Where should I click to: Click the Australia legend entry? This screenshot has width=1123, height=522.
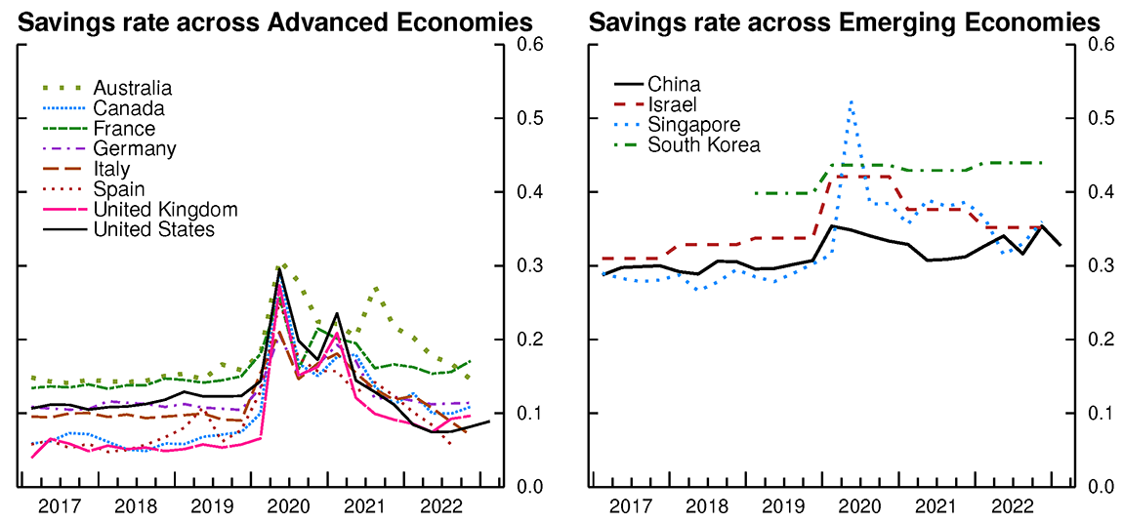(132, 89)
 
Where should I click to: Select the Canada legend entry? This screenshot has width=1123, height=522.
(128, 108)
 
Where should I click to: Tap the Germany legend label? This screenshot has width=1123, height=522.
(134, 149)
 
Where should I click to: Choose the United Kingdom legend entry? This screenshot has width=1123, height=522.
(165, 210)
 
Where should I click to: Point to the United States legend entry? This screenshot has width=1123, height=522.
(153, 230)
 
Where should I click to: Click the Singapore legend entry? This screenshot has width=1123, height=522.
(693, 125)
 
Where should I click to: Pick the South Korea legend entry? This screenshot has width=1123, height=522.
(703, 145)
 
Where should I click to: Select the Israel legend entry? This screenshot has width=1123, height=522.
(672, 104)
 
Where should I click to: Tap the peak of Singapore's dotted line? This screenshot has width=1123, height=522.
(852, 101)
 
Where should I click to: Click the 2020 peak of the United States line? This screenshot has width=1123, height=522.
(279, 269)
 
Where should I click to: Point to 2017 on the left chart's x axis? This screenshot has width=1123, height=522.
(61, 507)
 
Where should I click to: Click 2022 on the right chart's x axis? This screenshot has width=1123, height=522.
(1011, 507)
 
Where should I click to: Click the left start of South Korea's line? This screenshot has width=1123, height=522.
(756, 193)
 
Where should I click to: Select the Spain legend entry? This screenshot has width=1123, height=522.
(118, 189)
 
